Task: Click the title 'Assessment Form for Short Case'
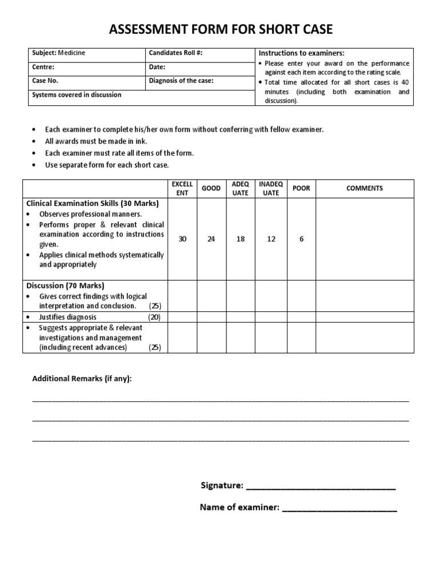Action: pyautogui.click(x=219, y=30)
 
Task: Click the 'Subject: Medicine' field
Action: pyautogui.click(x=59, y=53)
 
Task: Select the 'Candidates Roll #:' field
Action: pyautogui.click(x=175, y=53)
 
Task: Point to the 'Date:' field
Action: pyautogui.click(x=157, y=67)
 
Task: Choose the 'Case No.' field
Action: pyautogui.click(x=46, y=81)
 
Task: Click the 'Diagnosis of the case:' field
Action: pyautogui.click(x=181, y=81)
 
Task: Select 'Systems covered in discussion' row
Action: pyautogui.click(x=77, y=94)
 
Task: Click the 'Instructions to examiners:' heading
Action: pyautogui.click(x=301, y=53)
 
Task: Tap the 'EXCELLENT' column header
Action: pyautogui.click(x=182, y=188)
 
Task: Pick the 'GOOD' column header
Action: pyautogui.click(x=211, y=188)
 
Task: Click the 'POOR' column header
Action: pyautogui.click(x=301, y=188)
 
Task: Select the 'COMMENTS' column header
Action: pyautogui.click(x=364, y=188)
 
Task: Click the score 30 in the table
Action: pyautogui.click(x=182, y=239)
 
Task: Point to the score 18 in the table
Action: pyautogui.click(x=240, y=239)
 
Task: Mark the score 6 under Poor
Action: pyautogui.click(x=301, y=239)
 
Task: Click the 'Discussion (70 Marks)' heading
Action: pyautogui.click(x=65, y=285)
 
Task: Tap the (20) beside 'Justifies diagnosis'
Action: pyautogui.click(x=155, y=317)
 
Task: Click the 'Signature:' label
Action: pyautogui.click(x=222, y=485)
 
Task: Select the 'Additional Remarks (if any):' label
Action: pyautogui.click(x=82, y=379)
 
